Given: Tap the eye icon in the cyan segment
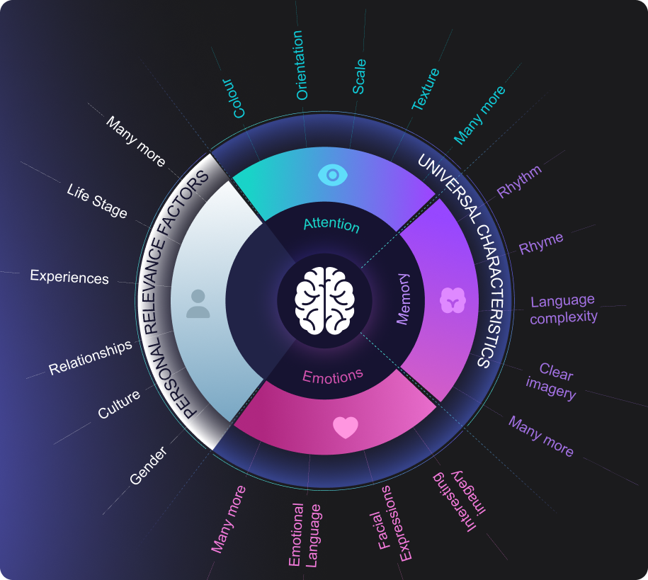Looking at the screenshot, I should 331,174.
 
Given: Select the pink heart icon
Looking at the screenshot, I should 346,427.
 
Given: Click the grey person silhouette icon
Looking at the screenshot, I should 198,303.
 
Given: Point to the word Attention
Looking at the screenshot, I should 331,225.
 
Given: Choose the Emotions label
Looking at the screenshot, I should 332,375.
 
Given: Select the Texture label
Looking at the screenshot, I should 426,89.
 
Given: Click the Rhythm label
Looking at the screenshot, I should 519,181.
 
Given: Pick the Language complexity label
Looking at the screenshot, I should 563,309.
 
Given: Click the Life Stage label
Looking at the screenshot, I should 97,200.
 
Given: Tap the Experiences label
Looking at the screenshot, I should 69,277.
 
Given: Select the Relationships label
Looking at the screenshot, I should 91,358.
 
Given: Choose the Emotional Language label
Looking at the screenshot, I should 305,535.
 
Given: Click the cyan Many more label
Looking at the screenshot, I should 479,115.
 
